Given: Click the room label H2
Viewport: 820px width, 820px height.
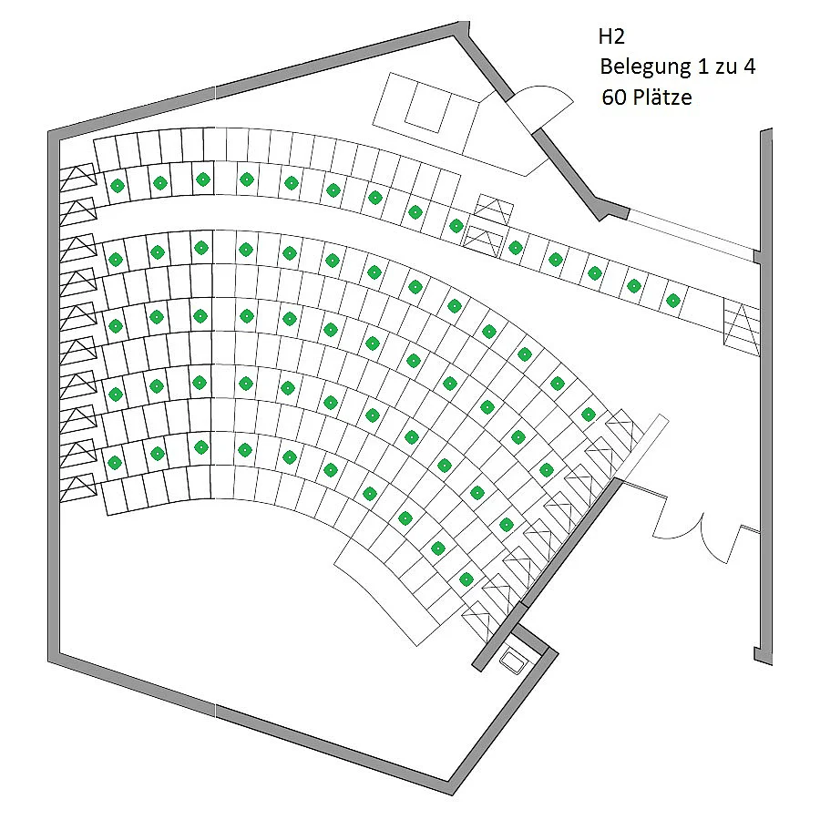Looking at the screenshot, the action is pyautogui.click(x=611, y=36).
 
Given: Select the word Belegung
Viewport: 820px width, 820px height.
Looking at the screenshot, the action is pyautogui.click(x=645, y=67).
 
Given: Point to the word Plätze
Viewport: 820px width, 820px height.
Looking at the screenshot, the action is pyautogui.click(x=662, y=97).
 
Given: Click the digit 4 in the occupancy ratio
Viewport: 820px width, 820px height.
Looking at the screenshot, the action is pyautogui.click(x=749, y=67).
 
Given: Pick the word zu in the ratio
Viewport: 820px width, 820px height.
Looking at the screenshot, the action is pyautogui.click(x=724, y=68).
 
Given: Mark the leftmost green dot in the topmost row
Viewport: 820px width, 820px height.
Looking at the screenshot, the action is pyautogui.click(x=118, y=186).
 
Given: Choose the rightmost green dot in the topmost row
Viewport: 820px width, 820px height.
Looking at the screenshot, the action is pyautogui.click(x=673, y=301).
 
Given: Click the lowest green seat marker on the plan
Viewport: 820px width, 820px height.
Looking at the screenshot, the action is pyautogui.click(x=466, y=579).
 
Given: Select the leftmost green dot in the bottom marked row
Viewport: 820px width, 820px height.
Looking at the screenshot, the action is pyautogui.click(x=115, y=462).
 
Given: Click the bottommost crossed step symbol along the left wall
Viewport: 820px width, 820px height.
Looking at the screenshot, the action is pyautogui.click(x=78, y=488).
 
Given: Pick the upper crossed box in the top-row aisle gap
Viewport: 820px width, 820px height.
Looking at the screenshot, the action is pyautogui.click(x=494, y=210).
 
